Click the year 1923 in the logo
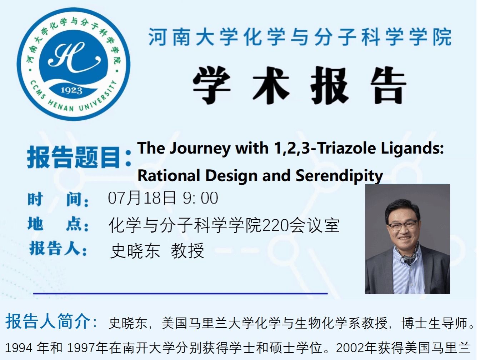[x=71, y=90]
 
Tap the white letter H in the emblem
[x=74, y=57]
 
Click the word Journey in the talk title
[x=200, y=149]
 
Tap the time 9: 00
[x=200, y=198]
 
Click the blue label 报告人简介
[x=48, y=321]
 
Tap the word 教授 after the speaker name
[x=187, y=251]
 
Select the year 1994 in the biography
[x=19, y=348]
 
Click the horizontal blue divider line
[x=180, y=294]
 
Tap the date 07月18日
[x=142, y=198]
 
